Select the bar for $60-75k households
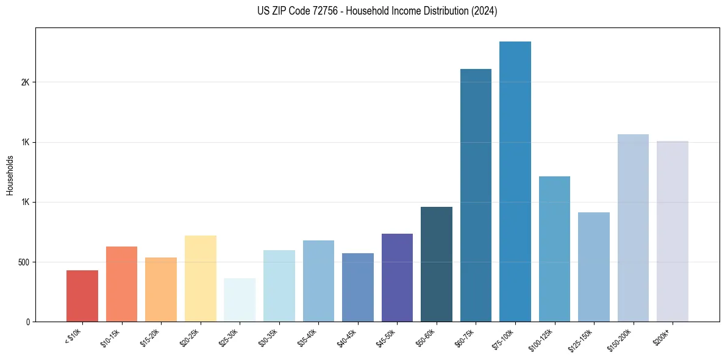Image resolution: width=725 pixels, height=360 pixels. click(476, 195)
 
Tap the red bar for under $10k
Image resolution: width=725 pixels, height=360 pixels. click(82, 296)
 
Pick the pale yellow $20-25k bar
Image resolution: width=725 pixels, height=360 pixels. click(200, 278)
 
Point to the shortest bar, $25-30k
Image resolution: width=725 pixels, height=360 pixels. click(240, 300)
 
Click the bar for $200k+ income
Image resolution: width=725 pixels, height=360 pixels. click(672, 231)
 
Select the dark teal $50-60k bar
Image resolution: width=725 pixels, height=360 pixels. click(437, 264)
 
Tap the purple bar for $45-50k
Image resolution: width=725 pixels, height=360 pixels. click(397, 278)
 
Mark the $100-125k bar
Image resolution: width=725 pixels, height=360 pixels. click(554, 249)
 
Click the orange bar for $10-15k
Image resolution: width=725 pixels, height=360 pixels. click(121, 284)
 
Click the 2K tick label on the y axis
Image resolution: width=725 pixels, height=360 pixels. click(26, 82)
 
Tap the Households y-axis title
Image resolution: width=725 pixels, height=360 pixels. click(10, 175)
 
